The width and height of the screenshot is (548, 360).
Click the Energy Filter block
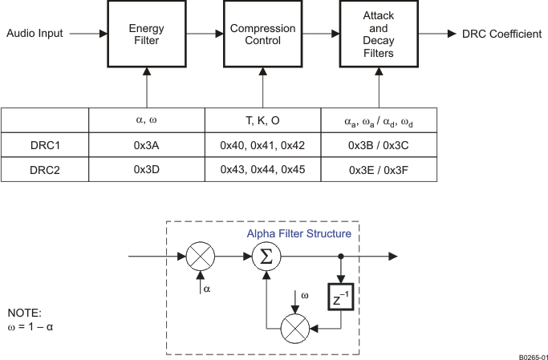pyautogui.click(x=147, y=34)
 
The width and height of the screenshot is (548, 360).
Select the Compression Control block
pyautogui.click(x=262, y=34)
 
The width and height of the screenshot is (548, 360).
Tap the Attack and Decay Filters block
pyautogui.click(x=378, y=34)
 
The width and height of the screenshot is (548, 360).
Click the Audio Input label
pyautogui.click(x=34, y=34)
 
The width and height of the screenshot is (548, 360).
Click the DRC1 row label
pyautogui.click(x=45, y=145)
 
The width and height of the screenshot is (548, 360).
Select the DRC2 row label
pyautogui.click(x=45, y=170)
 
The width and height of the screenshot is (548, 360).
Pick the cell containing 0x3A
pyautogui.click(x=147, y=145)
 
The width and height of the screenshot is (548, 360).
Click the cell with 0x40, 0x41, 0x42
pyautogui.click(x=262, y=145)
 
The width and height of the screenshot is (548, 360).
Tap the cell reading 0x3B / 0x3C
pyautogui.click(x=379, y=145)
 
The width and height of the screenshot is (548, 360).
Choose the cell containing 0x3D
pyautogui.click(x=147, y=170)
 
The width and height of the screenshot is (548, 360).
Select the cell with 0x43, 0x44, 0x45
pyautogui.click(x=262, y=170)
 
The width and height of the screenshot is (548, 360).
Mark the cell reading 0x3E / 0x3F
pyautogui.click(x=379, y=170)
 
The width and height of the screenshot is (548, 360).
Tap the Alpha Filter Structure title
pyautogui.click(x=298, y=233)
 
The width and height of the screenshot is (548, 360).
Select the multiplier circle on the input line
pyautogui.click(x=200, y=257)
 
